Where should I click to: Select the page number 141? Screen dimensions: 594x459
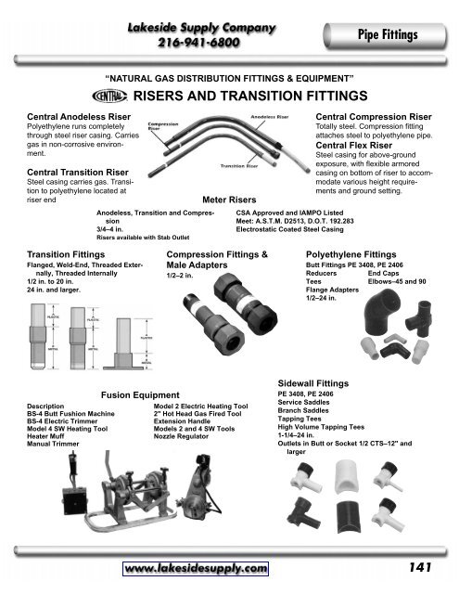coord(432,568)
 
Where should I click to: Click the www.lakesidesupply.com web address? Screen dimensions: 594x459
coord(193,568)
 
